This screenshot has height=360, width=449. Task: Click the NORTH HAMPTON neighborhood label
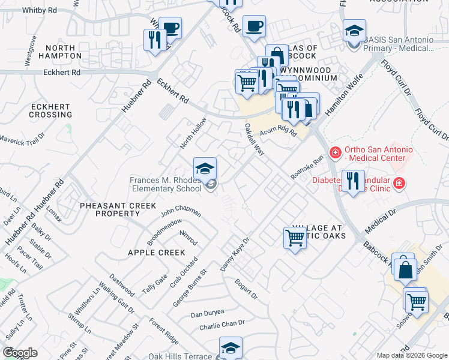[55, 51]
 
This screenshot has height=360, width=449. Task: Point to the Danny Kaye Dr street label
[235, 255]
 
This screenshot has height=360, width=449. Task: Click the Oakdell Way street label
[255, 139]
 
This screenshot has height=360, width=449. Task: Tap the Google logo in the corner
[19, 353]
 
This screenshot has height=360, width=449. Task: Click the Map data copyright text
[411, 355]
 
